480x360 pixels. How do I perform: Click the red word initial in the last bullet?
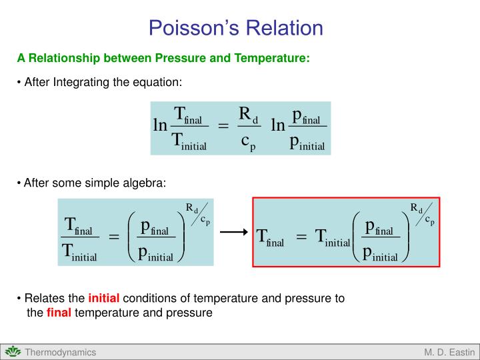[x=102, y=299]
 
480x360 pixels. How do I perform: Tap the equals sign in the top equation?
[x=223, y=127]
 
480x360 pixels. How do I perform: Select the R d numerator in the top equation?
[x=248, y=115]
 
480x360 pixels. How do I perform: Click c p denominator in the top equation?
[x=248, y=141]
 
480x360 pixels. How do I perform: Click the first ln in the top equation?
[x=160, y=126]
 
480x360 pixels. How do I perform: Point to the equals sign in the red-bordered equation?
[x=301, y=236]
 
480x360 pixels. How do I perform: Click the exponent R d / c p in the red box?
[x=422, y=213]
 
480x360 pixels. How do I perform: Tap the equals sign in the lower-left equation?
[x=113, y=237]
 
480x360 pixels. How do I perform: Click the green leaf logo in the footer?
[x=13, y=352]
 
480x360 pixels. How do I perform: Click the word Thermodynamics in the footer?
[x=61, y=352]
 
